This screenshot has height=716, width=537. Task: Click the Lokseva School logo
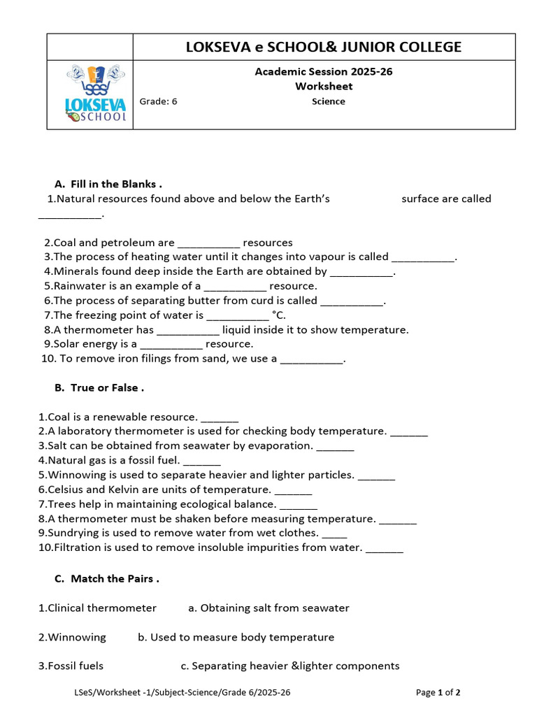tap(96, 94)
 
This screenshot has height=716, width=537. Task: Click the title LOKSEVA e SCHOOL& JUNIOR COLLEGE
tap(323, 47)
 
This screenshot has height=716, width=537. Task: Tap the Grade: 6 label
tap(159, 101)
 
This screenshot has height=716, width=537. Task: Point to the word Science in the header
tap(328, 101)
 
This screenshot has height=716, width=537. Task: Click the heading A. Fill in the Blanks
tap(108, 184)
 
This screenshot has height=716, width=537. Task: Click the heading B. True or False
tap(99, 387)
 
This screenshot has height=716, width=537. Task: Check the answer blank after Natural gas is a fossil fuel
tap(202, 461)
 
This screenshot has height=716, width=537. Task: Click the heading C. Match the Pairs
tap(107, 579)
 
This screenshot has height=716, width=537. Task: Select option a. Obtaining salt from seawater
tap(268, 608)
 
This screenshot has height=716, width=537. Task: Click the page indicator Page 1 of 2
tap(438, 693)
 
